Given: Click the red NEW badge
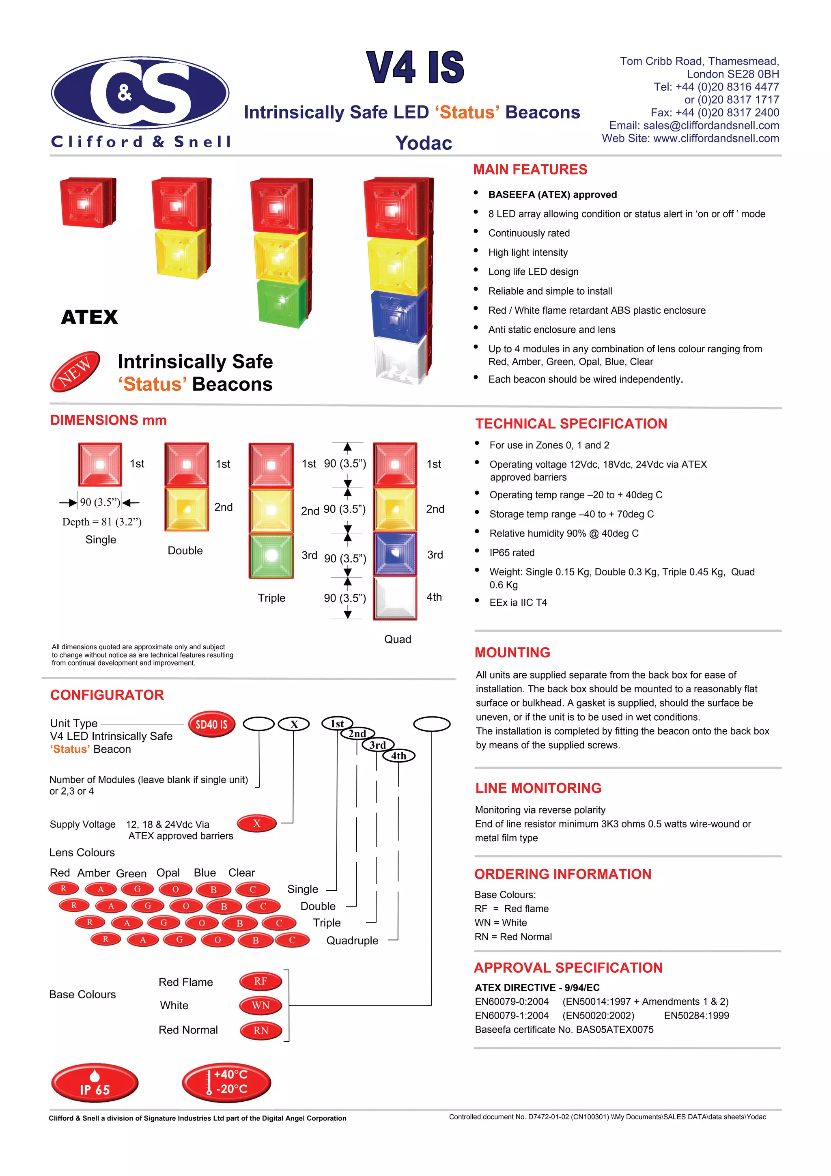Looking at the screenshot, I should click(75, 371).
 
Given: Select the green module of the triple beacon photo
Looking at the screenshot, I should click(281, 302).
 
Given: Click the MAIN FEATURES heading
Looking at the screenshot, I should click(530, 170).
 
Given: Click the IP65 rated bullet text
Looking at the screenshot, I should click(512, 553).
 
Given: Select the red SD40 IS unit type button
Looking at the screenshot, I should click(211, 724).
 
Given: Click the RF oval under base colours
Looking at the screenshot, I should click(260, 981).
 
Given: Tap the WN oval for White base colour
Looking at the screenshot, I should click(260, 1006).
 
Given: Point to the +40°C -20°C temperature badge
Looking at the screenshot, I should click(226, 1082).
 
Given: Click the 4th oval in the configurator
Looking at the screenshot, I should click(398, 756).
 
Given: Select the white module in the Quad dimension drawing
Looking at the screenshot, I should click(394, 598).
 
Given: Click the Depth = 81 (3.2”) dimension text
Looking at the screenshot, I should click(102, 522).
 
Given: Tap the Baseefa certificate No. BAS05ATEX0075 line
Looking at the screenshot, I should click(564, 1030).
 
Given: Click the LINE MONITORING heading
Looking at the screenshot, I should click(538, 788).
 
